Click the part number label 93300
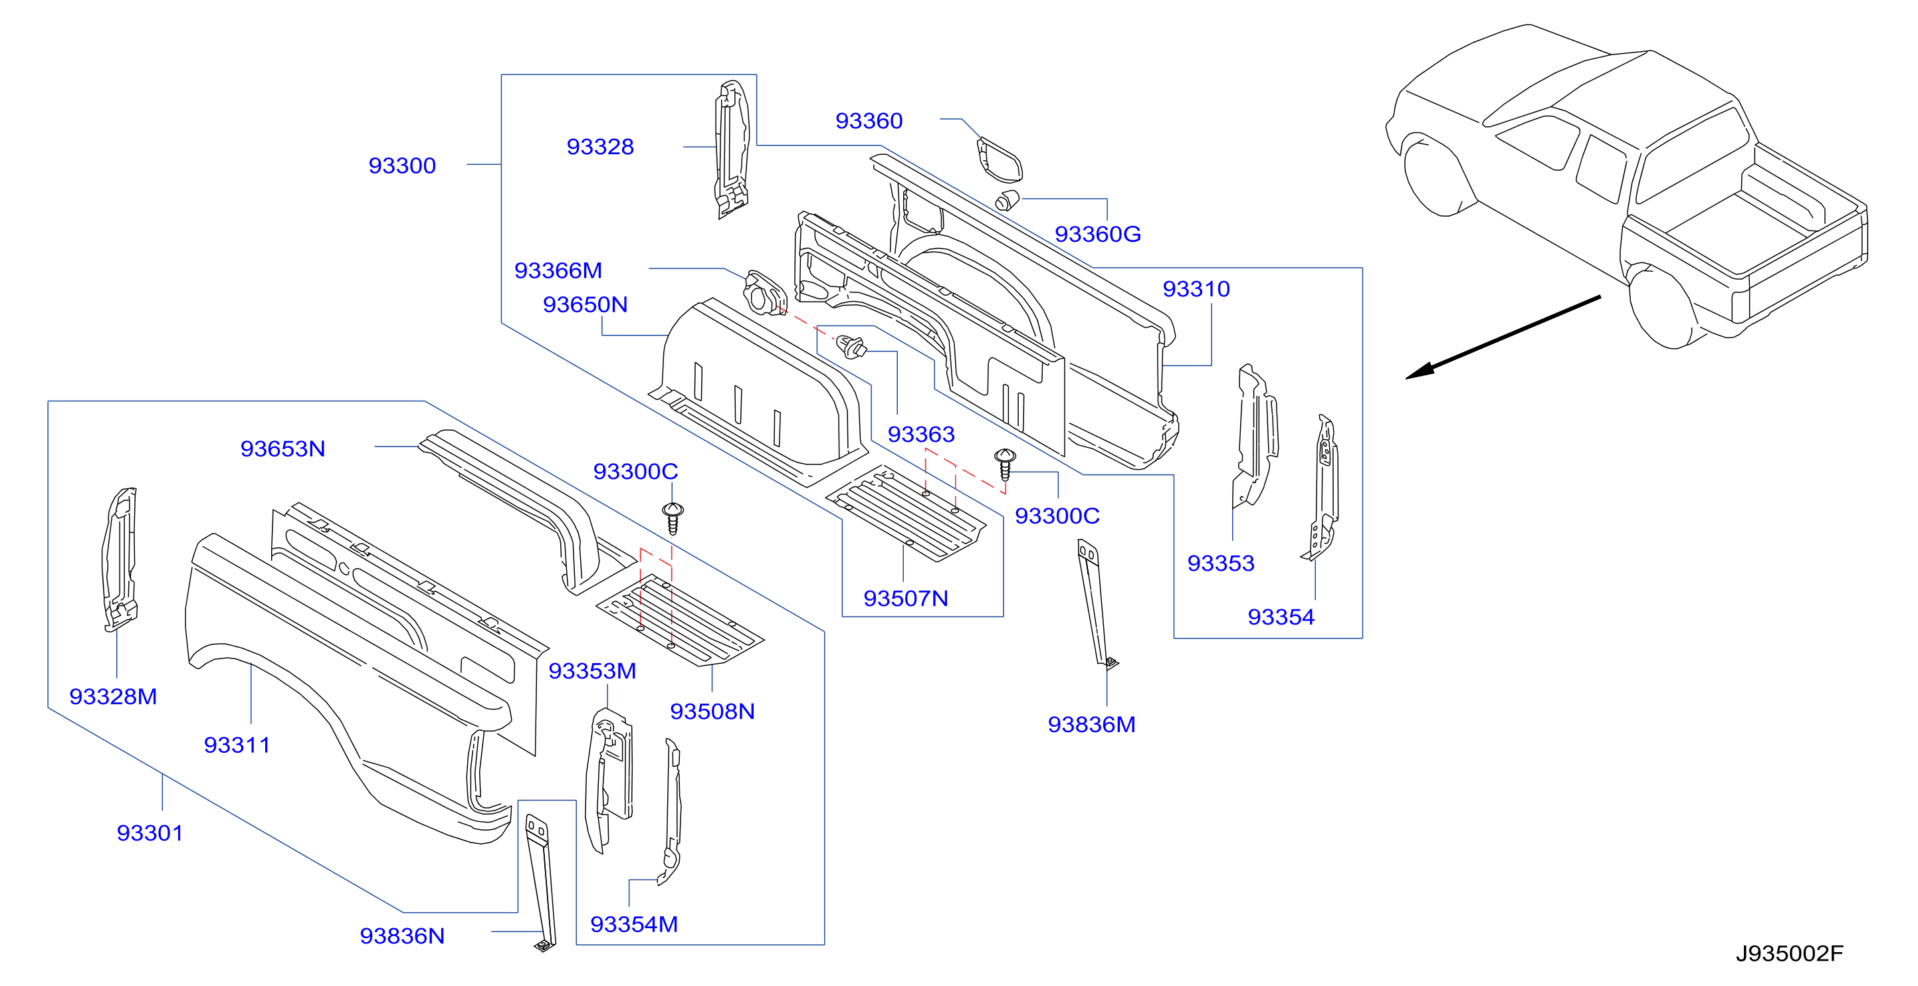click(x=402, y=165)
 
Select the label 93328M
click(x=113, y=696)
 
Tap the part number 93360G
click(x=1097, y=235)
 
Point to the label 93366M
click(x=558, y=271)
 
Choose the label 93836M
click(x=1091, y=725)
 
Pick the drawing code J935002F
click(x=1789, y=954)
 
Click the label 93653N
click(x=283, y=448)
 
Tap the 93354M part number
click(x=633, y=924)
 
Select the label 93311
click(x=237, y=745)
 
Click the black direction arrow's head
click(x=1418, y=371)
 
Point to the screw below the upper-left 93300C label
click(x=673, y=519)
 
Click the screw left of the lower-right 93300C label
click(x=1005, y=464)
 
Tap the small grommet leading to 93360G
click(x=1007, y=200)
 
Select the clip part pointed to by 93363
click(x=852, y=347)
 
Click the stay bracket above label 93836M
click(x=1095, y=603)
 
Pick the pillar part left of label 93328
click(x=731, y=149)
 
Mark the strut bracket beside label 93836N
click(x=540, y=882)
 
